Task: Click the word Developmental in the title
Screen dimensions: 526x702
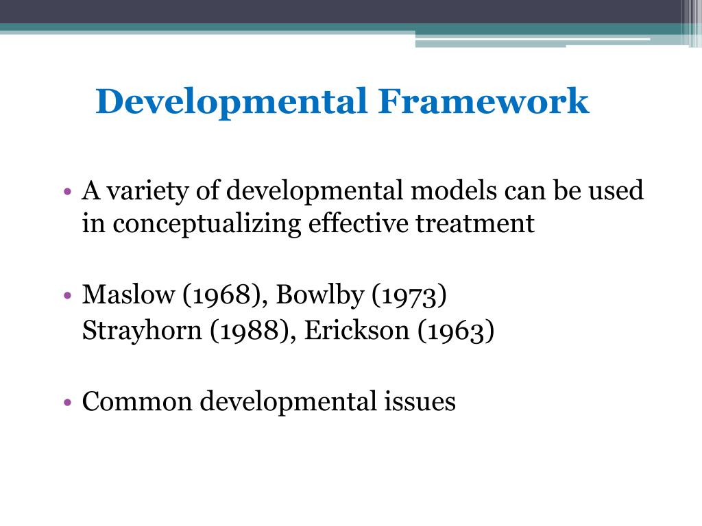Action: click(x=231, y=101)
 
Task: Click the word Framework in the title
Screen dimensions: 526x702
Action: click(x=483, y=101)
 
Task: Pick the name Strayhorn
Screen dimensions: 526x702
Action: click(x=142, y=331)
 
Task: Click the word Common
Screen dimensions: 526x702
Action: click(x=137, y=401)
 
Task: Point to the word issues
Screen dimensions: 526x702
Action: click(x=415, y=401)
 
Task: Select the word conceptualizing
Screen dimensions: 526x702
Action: click(x=206, y=224)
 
